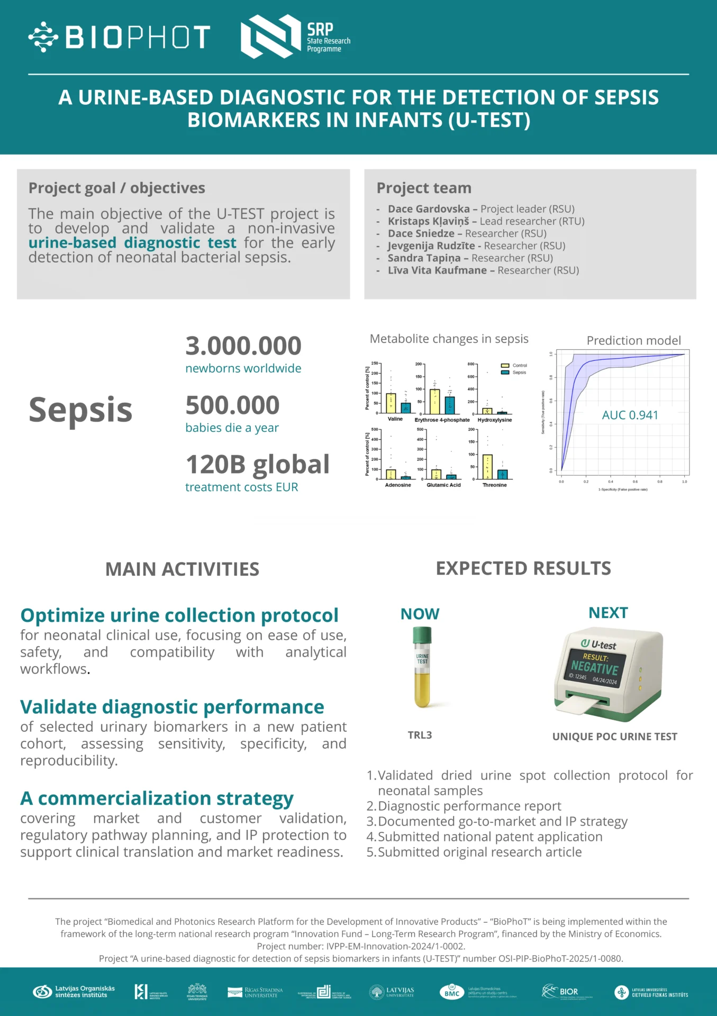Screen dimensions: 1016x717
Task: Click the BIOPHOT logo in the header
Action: pos(120,37)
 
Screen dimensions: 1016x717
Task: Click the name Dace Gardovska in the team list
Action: pos(429,209)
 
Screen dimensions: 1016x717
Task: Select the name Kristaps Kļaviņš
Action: pos(428,221)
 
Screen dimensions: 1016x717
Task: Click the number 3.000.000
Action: pos(243,346)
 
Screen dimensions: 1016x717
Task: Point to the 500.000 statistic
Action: pos(232,405)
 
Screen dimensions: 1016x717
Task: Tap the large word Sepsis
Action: pos(80,410)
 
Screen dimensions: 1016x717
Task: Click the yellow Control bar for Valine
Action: pos(391,403)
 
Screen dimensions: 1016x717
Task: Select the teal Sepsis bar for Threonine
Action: pos(503,474)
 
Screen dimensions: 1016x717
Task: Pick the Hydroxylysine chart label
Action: pos(495,420)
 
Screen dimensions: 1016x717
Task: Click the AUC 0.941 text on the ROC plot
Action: pos(630,415)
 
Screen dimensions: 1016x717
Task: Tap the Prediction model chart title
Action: pos(633,340)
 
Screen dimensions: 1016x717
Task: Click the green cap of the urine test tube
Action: pos(422,634)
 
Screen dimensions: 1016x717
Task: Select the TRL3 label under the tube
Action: pos(420,735)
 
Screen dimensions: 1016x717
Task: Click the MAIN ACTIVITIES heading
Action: pos(182,569)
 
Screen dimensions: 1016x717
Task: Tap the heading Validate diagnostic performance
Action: pos(172,707)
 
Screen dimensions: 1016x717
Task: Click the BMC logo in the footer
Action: pos(451,992)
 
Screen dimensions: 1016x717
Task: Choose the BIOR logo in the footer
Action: pos(561,992)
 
